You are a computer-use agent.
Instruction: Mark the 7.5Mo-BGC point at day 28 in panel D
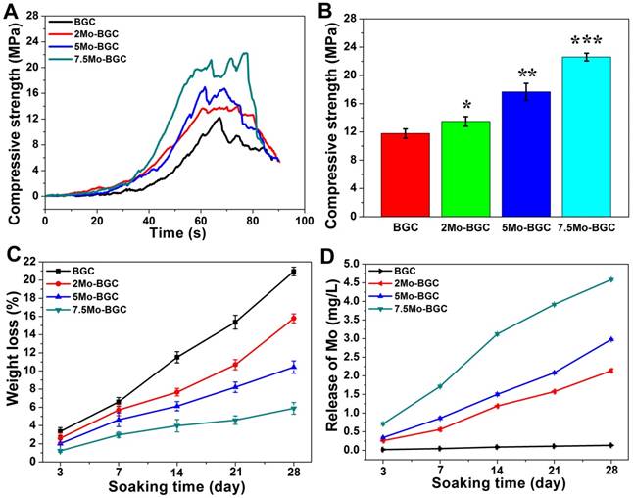(x=610, y=279)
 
